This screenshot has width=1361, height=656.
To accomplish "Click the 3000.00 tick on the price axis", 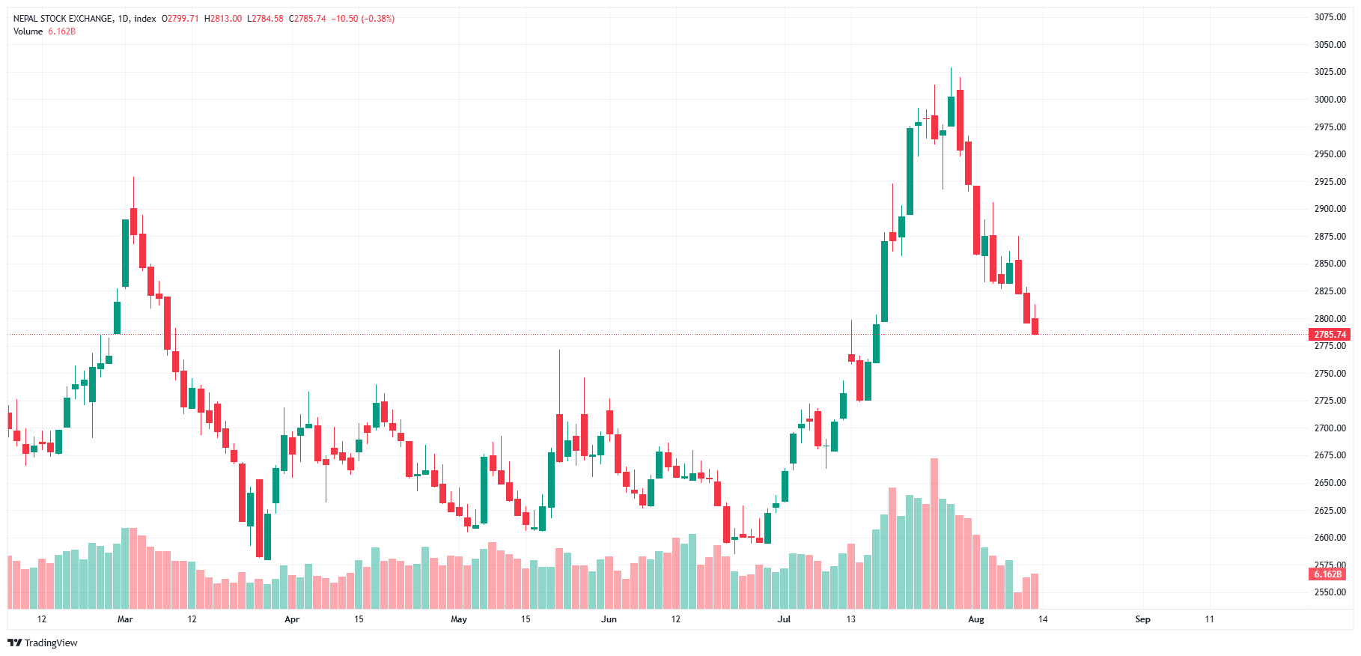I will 1330,100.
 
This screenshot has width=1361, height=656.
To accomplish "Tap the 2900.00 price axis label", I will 1330,209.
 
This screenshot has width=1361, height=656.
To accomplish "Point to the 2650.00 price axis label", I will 1330,483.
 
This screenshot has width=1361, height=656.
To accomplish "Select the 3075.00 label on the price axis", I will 1330,17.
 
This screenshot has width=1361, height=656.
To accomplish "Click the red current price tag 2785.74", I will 1330,335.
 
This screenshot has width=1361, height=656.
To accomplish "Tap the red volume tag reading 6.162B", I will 1327,574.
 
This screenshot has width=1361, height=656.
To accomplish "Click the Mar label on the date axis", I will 125,619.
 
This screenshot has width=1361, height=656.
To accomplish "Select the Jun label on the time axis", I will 609,619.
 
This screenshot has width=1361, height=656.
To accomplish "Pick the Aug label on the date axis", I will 975,619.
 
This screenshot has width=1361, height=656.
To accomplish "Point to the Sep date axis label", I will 1142,619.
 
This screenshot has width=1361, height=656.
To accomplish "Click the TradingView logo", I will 43,643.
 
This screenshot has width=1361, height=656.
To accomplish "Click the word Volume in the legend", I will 28,31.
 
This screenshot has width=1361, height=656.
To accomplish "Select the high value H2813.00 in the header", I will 223,19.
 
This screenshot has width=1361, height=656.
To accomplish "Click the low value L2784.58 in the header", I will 265,19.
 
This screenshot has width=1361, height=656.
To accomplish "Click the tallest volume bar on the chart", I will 934,533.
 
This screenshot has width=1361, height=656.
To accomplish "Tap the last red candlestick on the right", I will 1035,326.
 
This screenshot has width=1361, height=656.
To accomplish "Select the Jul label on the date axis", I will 784,619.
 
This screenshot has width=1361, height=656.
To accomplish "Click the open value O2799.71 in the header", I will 180,19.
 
